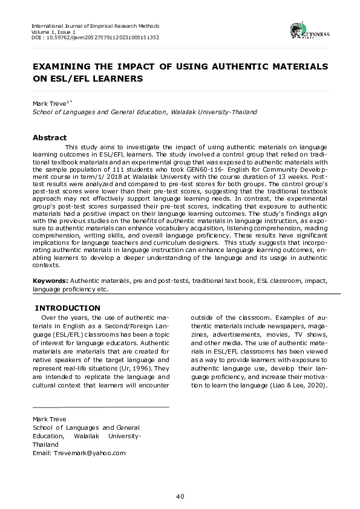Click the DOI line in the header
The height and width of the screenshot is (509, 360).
point(95,37)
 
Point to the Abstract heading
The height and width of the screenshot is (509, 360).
point(49,138)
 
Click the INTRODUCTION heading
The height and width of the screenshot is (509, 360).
point(68,308)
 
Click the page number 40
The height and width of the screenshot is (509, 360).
point(180,496)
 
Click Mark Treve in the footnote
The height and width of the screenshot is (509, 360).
point(50,419)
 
